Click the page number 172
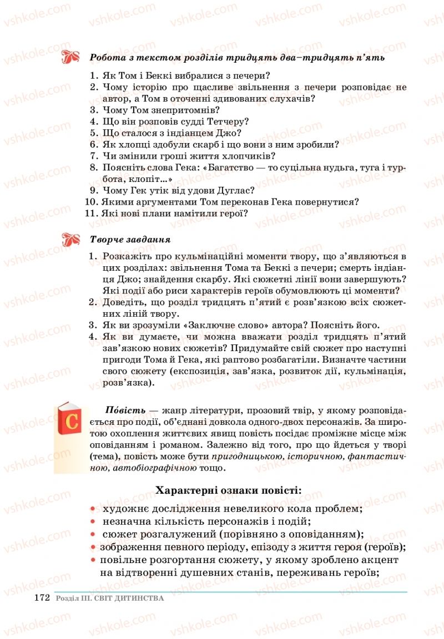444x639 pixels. (x=42, y=598)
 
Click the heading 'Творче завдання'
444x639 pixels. (x=130, y=240)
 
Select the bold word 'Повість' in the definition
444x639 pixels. (x=125, y=410)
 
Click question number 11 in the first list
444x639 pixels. (x=91, y=213)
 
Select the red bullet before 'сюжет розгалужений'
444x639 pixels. (x=93, y=534)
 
